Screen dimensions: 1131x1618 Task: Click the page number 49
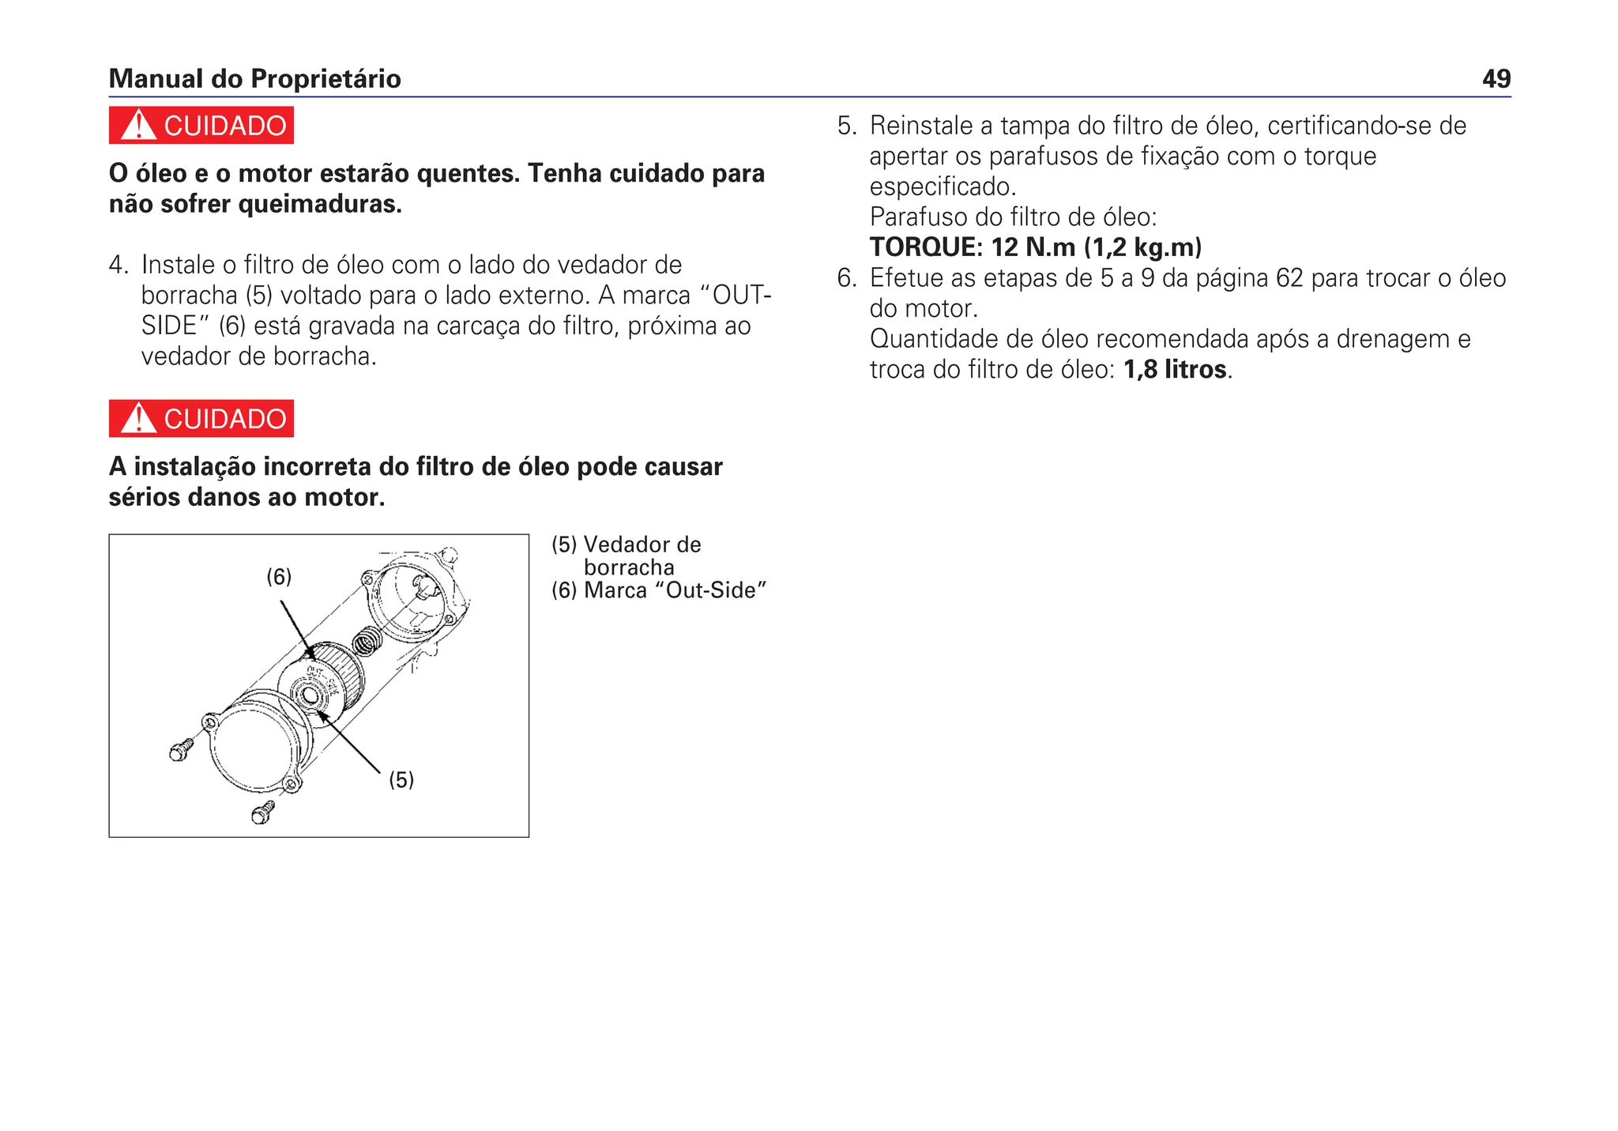click(1496, 79)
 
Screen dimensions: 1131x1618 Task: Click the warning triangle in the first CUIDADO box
click(139, 126)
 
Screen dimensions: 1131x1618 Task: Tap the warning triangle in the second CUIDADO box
click(139, 419)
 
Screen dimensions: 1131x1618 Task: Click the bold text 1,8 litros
click(1175, 369)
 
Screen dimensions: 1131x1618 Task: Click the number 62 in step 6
click(1289, 278)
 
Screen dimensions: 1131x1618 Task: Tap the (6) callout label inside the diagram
click(279, 577)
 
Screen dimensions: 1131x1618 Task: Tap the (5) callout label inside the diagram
click(401, 780)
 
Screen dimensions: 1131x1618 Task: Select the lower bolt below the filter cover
click(262, 812)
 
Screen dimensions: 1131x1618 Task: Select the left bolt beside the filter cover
click(181, 749)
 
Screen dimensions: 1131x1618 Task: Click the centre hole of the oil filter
click(309, 696)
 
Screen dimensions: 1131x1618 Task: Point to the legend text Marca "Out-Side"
click(675, 590)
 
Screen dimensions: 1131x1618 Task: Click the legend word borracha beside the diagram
click(629, 567)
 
